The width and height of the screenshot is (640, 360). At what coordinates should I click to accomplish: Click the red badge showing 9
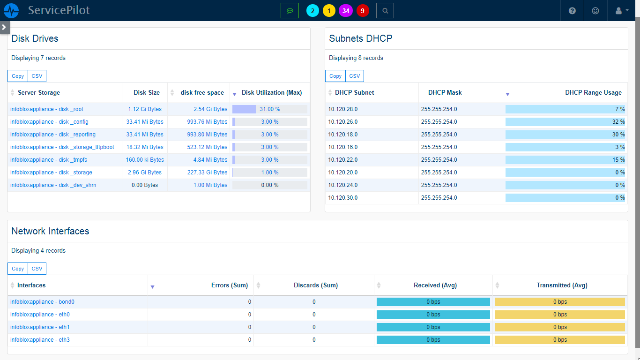(x=363, y=11)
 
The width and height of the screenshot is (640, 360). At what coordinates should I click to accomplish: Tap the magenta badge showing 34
(x=346, y=11)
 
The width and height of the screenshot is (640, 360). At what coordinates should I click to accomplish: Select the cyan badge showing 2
(x=313, y=11)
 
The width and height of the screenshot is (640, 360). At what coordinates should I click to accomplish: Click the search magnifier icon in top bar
(x=385, y=11)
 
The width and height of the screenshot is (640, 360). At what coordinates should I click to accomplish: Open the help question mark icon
(x=572, y=11)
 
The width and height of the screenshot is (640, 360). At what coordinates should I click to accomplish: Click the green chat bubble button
(x=290, y=11)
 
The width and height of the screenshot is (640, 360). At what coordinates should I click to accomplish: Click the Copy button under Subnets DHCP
(x=335, y=76)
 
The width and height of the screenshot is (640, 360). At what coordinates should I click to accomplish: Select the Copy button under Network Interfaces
(x=18, y=269)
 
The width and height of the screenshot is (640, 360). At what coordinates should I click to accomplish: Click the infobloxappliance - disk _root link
(x=47, y=109)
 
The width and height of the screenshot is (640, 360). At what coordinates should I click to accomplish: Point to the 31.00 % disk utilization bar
(x=269, y=109)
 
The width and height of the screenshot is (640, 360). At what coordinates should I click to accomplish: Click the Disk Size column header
(x=147, y=93)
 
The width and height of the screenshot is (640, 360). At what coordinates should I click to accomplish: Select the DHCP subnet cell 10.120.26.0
(x=343, y=122)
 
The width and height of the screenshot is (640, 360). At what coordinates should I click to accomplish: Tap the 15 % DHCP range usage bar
(x=565, y=160)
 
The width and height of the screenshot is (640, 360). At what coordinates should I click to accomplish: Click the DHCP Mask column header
(x=445, y=93)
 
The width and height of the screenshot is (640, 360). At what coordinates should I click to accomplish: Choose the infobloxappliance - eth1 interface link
(x=40, y=327)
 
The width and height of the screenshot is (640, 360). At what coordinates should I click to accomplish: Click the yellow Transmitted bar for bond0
(x=560, y=302)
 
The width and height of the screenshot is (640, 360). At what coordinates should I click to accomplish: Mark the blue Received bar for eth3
(x=433, y=340)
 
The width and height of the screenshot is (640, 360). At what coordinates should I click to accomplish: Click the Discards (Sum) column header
(x=315, y=285)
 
